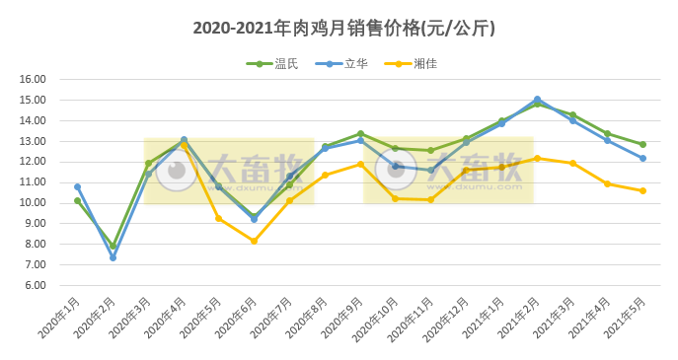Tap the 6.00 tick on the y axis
coord(34,285)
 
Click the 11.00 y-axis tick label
coord(34,182)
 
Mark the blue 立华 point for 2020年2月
coord(113,257)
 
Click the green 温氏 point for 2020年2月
coord(113,246)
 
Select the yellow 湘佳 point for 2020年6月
coord(254,241)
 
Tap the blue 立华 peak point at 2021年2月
coord(537,99)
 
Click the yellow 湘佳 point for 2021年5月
coord(642,190)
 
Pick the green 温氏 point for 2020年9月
coord(360,133)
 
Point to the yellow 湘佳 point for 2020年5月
coord(218,218)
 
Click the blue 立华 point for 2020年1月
coord(77,186)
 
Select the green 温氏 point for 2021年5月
coord(642,144)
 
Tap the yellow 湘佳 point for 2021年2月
coord(537,158)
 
